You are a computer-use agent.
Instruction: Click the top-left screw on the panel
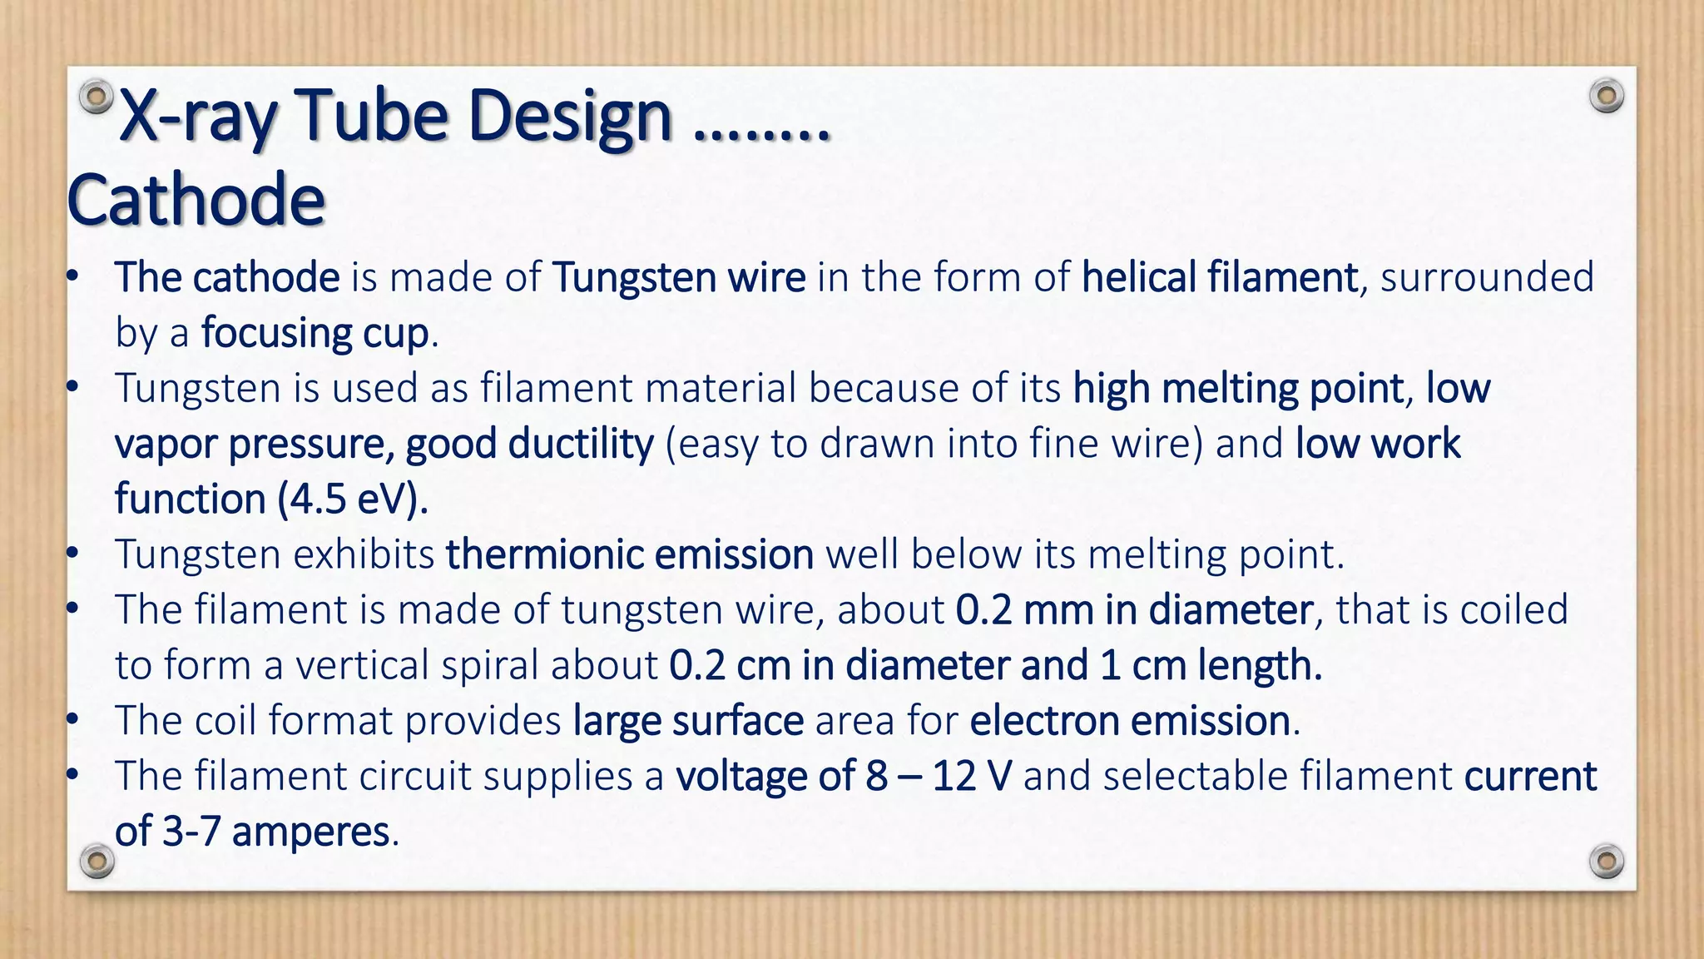pyautogui.click(x=97, y=97)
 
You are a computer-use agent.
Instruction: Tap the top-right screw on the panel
pyautogui.click(x=1606, y=97)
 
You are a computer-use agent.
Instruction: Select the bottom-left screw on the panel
pyautogui.click(x=97, y=860)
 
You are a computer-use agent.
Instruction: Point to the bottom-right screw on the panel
pyautogui.click(x=1606, y=860)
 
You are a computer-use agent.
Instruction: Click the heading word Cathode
pyautogui.click(x=196, y=200)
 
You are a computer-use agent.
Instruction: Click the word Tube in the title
pyautogui.click(x=371, y=117)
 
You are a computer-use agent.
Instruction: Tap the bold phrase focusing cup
pyautogui.click(x=315, y=333)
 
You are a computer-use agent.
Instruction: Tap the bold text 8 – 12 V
pyautogui.click(x=939, y=776)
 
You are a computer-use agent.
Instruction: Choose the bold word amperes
pyautogui.click(x=310, y=832)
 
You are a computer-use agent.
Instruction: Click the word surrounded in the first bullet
pyautogui.click(x=1487, y=277)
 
